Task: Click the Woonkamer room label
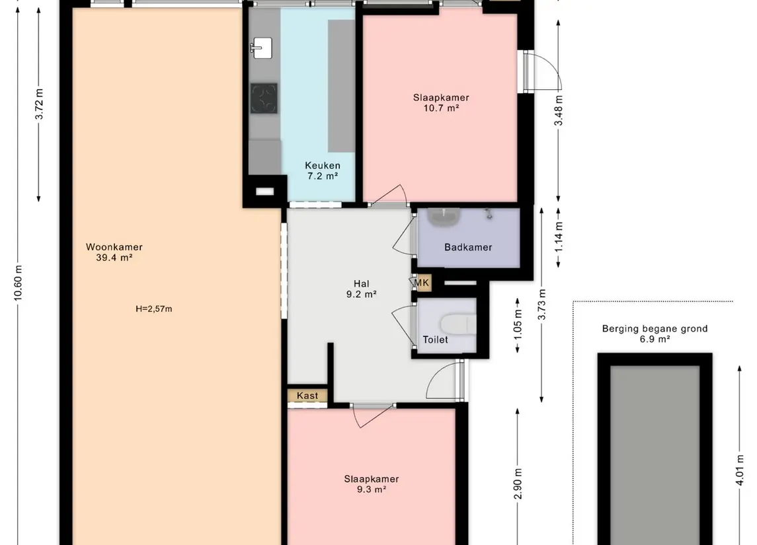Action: pyautogui.click(x=114, y=252)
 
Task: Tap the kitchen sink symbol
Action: pyautogui.click(x=262, y=48)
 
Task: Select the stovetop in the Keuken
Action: pyautogui.click(x=264, y=98)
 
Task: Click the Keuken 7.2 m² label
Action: pyautogui.click(x=323, y=170)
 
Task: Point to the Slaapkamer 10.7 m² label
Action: pyautogui.click(x=441, y=103)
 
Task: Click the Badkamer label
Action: pyautogui.click(x=468, y=248)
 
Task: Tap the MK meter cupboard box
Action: pyautogui.click(x=421, y=283)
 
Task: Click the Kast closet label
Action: pyautogui.click(x=307, y=396)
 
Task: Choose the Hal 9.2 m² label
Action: pyautogui.click(x=361, y=289)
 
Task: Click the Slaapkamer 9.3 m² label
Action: pyautogui.click(x=372, y=484)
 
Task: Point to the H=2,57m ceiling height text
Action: pyautogui.click(x=154, y=309)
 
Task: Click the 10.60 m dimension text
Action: pyautogui.click(x=18, y=283)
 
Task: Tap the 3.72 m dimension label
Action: pyautogui.click(x=39, y=104)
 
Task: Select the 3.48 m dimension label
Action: pyautogui.click(x=558, y=110)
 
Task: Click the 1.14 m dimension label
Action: pyautogui.click(x=559, y=236)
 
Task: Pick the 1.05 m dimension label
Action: pyautogui.click(x=518, y=324)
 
